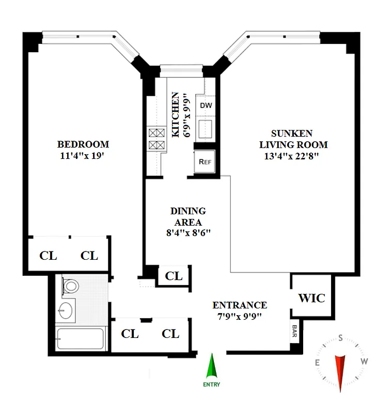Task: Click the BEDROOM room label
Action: [x=83, y=144]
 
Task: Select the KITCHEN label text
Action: [x=176, y=115]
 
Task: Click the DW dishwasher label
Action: [x=206, y=105]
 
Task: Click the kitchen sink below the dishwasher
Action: [x=206, y=129]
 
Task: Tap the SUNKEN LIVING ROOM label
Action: [x=293, y=139]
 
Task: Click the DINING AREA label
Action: [x=188, y=216]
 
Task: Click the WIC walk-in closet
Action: [x=311, y=298]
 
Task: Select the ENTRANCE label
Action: [x=240, y=305]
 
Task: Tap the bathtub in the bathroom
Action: [x=81, y=339]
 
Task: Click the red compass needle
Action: [x=341, y=372]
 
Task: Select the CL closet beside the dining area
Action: [x=174, y=276]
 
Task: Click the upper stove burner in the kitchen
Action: [x=155, y=132]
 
